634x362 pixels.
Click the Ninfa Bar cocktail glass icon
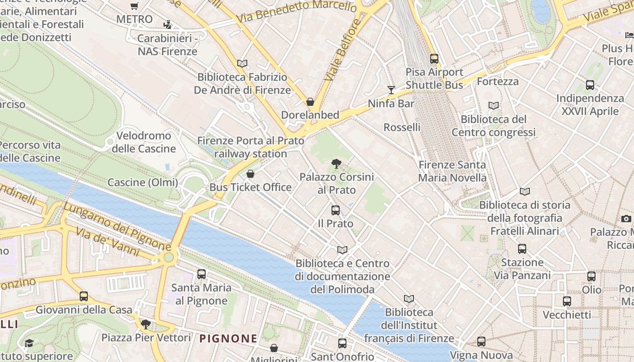coord(391,90)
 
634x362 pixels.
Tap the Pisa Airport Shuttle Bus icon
coord(434,58)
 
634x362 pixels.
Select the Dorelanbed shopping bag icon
coord(310,102)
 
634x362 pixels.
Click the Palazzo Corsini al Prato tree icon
coord(336,164)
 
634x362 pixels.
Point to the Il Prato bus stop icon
coord(336,210)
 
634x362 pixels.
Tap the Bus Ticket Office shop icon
coord(250,174)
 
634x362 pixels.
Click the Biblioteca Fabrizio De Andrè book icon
coord(242,64)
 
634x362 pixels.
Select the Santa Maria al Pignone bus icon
coord(202,274)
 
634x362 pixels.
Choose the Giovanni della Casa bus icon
coord(84,296)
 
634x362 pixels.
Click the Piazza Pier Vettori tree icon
coord(146,324)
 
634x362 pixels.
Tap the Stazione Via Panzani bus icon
coord(522,249)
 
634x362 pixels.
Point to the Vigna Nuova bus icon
coord(481,342)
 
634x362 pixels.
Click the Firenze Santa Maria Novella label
coord(452,171)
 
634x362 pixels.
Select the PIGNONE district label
coord(228,338)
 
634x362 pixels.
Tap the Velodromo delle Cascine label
coord(144,142)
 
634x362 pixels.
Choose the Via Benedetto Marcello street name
coord(297,12)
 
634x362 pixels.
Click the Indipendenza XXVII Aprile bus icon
coord(590,85)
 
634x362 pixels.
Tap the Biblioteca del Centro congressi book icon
coord(494,106)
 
